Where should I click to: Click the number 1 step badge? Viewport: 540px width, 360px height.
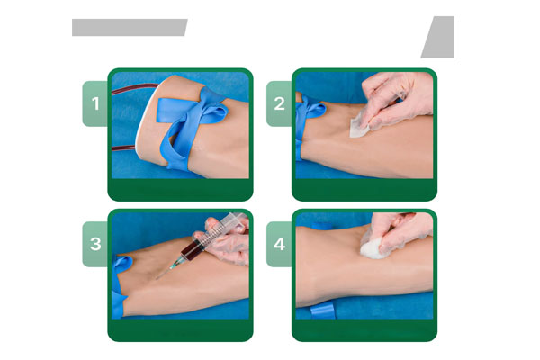[x=95, y=103]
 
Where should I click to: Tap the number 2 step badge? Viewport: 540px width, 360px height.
[x=279, y=103]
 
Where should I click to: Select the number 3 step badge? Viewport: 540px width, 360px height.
[x=95, y=244]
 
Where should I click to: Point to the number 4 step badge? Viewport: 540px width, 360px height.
[x=279, y=244]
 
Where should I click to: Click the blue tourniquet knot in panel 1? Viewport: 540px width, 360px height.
[x=193, y=117]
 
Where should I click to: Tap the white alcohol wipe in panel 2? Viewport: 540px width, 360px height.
[x=359, y=126]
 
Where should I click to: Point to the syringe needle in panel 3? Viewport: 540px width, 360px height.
[x=163, y=274]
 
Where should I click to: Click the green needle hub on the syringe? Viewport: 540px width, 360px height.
[x=176, y=264]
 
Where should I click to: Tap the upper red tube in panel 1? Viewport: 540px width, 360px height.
[x=135, y=88]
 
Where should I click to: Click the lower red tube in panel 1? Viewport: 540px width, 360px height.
[x=124, y=148]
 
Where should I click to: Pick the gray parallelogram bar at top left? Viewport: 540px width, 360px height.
[x=130, y=27]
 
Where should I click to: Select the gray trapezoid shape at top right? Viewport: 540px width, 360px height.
[x=440, y=37]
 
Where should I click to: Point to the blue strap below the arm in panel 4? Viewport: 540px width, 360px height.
[x=322, y=310]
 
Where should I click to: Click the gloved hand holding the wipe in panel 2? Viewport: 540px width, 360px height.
[x=396, y=100]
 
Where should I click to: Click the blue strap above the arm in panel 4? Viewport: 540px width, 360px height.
[x=322, y=226]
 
